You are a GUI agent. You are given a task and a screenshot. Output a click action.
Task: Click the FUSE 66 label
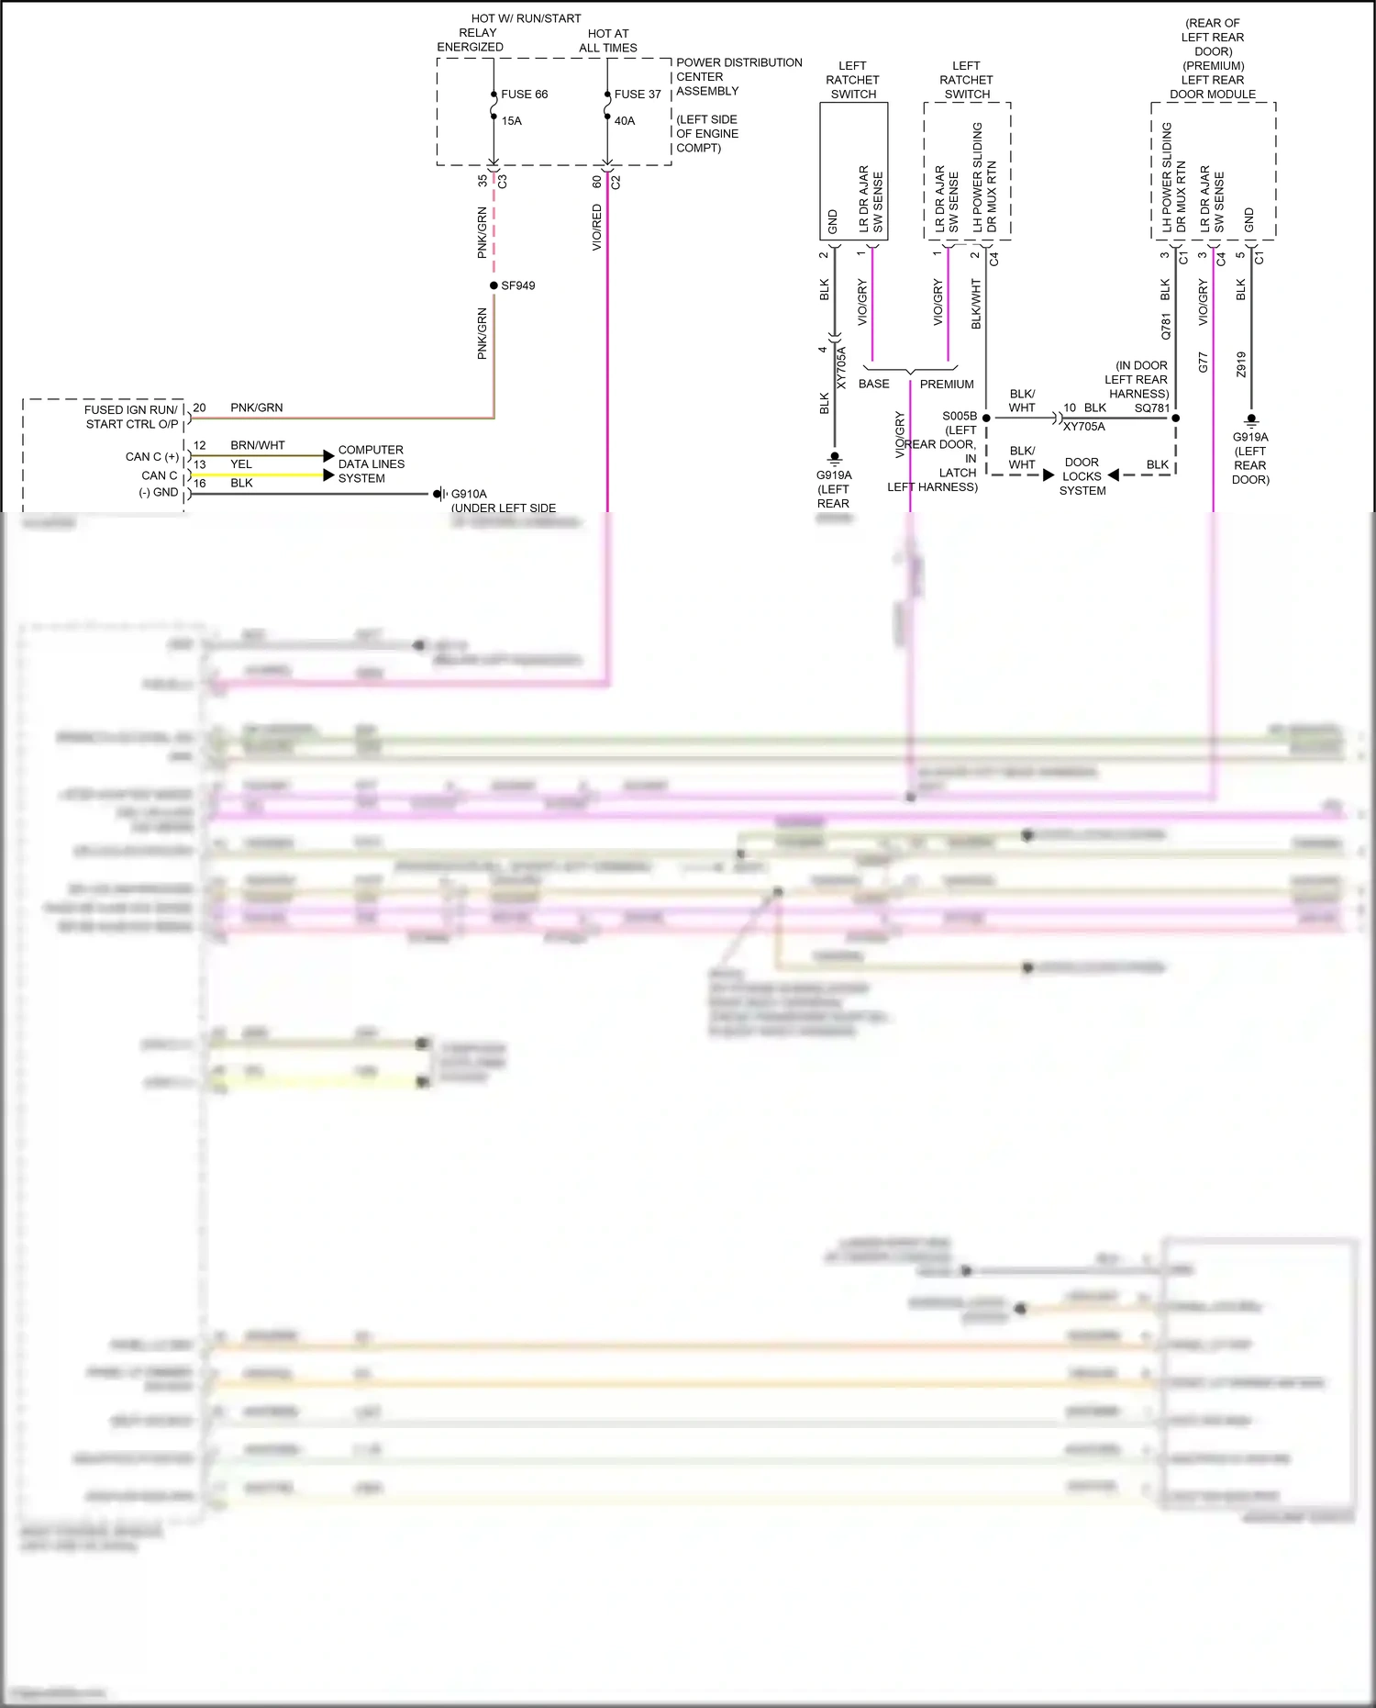coord(524,94)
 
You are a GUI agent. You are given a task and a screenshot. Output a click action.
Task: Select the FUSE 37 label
coord(638,94)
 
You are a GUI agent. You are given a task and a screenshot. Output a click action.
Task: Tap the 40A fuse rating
coord(624,120)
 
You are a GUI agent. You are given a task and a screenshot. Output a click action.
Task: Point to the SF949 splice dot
coord(494,285)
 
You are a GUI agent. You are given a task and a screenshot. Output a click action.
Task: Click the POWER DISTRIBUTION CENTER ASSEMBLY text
coord(738,76)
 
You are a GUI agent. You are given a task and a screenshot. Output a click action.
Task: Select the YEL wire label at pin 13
coord(241,463)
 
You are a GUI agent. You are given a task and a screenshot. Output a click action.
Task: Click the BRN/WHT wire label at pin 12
coord(257,445)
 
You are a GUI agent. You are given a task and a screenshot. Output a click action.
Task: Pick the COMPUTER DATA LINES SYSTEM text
coord(371,463)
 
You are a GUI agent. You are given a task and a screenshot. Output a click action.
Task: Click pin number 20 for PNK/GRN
coord(199,407)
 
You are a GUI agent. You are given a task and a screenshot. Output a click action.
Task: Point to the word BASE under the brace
coord(873,384)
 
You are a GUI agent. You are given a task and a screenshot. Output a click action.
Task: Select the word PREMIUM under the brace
coord(947,384)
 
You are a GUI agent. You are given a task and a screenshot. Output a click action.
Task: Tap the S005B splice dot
coord(986,418)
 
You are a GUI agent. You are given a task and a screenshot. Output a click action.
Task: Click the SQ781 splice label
coord(1152,407)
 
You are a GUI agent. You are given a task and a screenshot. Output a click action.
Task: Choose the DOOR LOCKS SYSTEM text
coord(1082,476)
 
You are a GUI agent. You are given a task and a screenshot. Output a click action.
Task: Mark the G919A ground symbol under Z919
coord(1251,420)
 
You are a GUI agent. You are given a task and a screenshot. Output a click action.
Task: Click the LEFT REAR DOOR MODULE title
coord(1213,87)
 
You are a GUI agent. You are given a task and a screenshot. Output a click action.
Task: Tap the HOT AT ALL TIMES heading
coord(607,40)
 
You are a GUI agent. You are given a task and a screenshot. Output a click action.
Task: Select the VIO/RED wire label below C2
coord(597,227)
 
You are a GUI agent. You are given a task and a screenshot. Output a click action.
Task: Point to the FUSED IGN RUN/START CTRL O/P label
coord(131,417)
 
